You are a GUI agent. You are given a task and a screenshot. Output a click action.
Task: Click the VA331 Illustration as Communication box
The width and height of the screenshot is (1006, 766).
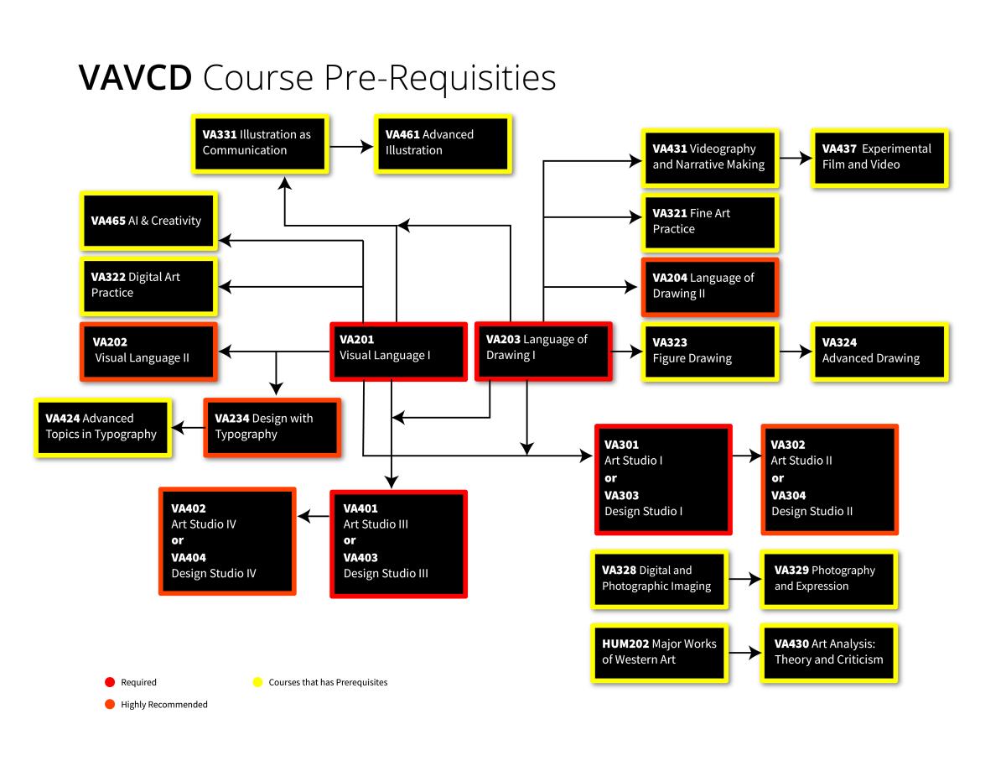coord(260,143)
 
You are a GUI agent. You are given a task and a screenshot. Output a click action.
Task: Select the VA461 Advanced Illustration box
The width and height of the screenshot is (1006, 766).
coord(443,143)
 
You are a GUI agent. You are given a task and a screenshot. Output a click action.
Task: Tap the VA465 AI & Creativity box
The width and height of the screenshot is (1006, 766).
coord(149,221)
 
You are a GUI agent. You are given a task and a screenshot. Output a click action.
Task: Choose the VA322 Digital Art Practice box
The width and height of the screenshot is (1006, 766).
coord(149,286)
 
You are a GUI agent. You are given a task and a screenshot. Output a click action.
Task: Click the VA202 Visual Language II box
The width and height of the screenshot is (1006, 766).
coord(149,350)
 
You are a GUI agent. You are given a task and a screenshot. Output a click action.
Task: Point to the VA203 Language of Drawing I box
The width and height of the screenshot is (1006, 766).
coord(543,351)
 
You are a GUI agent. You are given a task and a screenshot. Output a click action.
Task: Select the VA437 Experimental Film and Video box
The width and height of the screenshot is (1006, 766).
coord(879,158)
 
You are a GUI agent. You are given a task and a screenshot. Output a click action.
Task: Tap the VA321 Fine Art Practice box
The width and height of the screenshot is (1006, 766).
coord(710,222)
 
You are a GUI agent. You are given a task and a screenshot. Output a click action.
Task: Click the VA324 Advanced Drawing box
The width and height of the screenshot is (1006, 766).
coord(879,352)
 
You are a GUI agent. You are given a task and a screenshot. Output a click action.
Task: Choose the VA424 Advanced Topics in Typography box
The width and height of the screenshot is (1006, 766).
coord(103,427)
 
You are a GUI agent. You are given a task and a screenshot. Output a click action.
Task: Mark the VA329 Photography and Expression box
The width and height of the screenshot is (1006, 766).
coord(829,579)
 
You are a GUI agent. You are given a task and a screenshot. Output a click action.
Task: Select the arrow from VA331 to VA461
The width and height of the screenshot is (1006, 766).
coord(351,146)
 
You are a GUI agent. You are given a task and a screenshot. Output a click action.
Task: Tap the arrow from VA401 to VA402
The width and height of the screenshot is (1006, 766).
coord(314,518)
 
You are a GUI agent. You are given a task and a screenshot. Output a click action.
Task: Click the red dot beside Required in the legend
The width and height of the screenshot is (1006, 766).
coord(109,682)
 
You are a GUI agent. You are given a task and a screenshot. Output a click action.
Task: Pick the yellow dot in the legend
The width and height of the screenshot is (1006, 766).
coord(257,682)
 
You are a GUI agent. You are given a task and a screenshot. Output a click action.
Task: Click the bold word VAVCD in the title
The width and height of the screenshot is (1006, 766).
coord(134,78)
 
